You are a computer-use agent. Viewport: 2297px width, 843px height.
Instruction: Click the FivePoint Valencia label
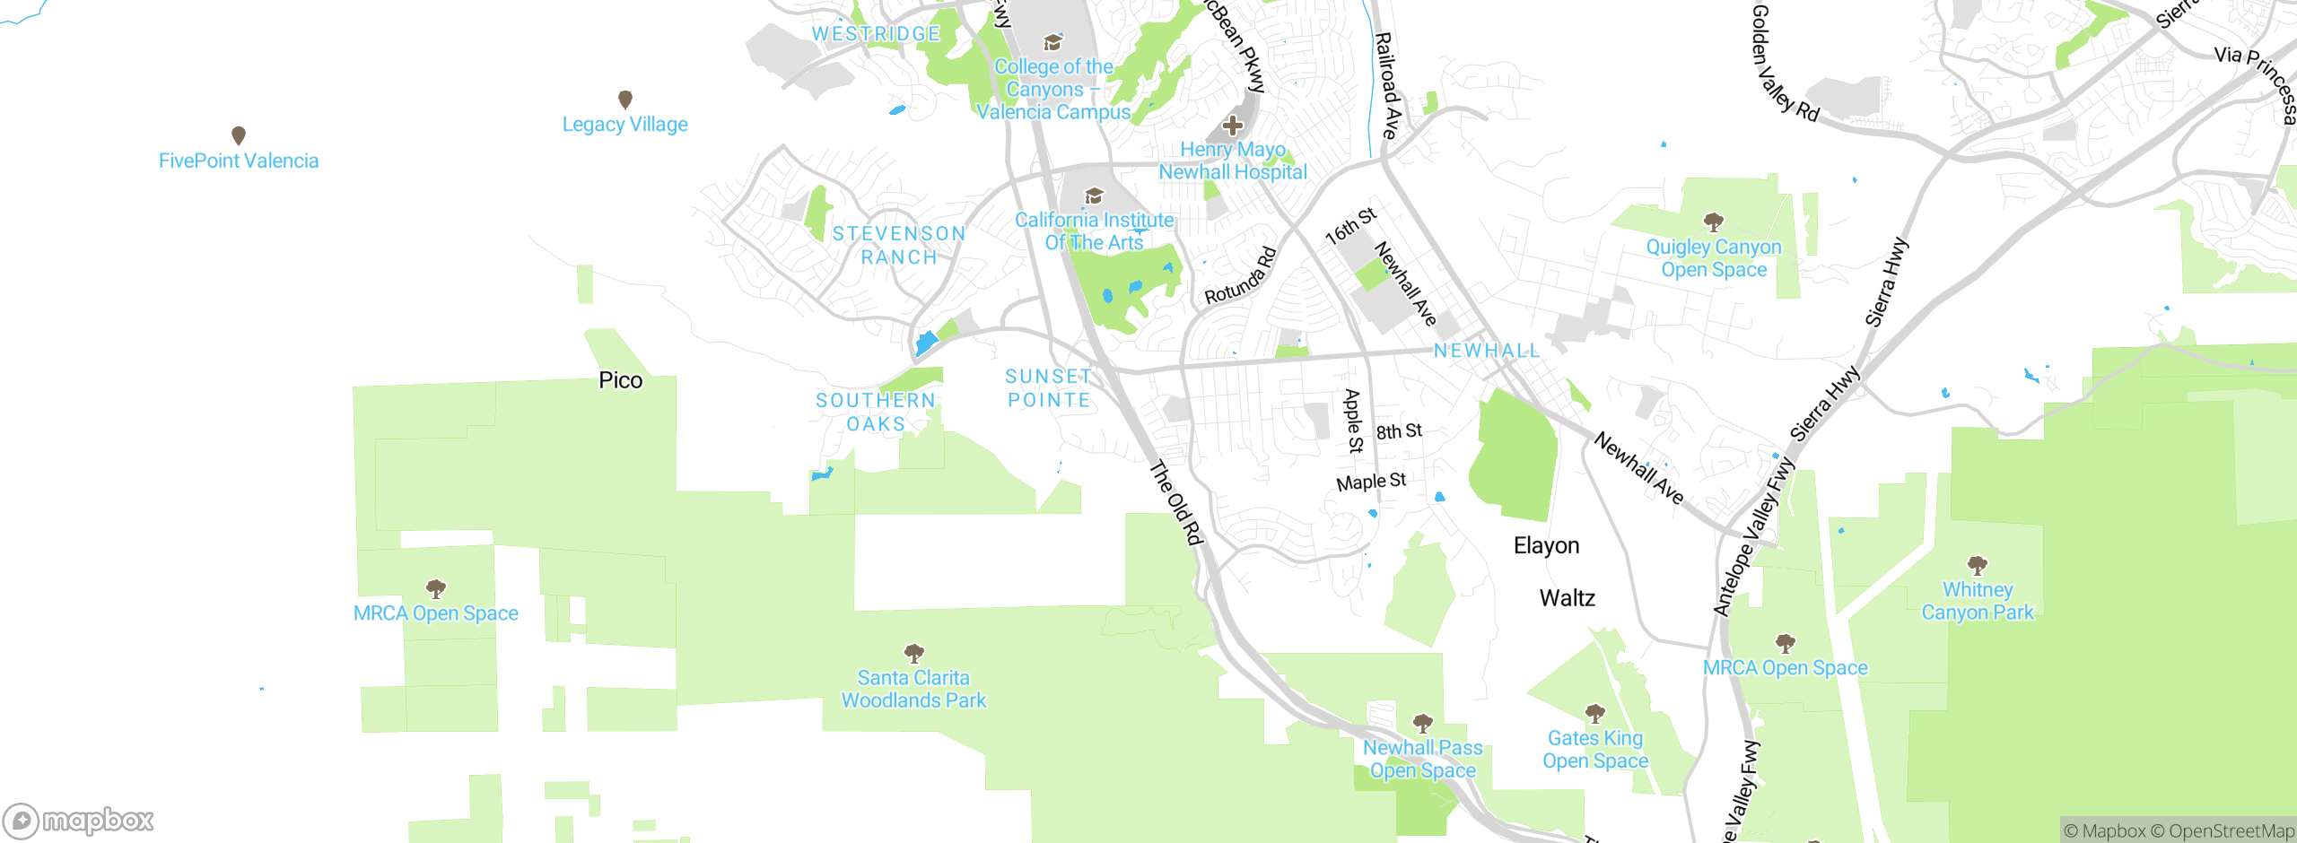click(239, 161)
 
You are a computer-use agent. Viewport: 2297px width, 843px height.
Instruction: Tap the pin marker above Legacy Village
click(625, 99)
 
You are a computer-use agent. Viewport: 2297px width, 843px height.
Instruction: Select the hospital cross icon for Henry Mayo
click(1233, 126)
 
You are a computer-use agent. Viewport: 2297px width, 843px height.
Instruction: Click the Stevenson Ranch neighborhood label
click(899, 245)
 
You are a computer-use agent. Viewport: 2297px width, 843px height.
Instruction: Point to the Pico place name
click(620, 380)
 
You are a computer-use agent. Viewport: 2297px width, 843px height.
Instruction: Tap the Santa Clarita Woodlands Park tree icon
click(913, 652)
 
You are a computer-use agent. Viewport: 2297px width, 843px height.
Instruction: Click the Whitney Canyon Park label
click(1978, 601)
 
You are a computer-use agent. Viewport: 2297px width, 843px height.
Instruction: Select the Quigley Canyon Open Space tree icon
click(1713, 221)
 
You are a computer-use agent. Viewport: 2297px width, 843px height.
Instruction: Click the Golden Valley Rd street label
click(1784, 63)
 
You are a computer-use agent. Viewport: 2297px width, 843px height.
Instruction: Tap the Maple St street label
click(1370, 482)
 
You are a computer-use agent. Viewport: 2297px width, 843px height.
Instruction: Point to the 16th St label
click(1350, 226)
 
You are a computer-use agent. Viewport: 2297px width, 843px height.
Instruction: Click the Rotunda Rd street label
click(1240, 276)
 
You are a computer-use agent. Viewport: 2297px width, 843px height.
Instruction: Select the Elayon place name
click(1546, 545)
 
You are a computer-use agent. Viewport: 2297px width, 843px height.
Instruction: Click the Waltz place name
click(1567, 598)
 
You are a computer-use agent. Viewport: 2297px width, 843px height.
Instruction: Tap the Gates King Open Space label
click(1594, 749)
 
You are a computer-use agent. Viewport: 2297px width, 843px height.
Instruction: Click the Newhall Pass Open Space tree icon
click(1422, 722)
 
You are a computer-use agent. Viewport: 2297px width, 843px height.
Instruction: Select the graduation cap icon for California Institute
click(1094, 196)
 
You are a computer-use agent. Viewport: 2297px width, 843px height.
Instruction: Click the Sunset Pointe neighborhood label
click(1048, 388)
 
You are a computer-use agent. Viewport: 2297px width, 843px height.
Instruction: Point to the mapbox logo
click(79, 820)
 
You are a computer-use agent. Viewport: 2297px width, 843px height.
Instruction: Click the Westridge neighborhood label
click(876, 34)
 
